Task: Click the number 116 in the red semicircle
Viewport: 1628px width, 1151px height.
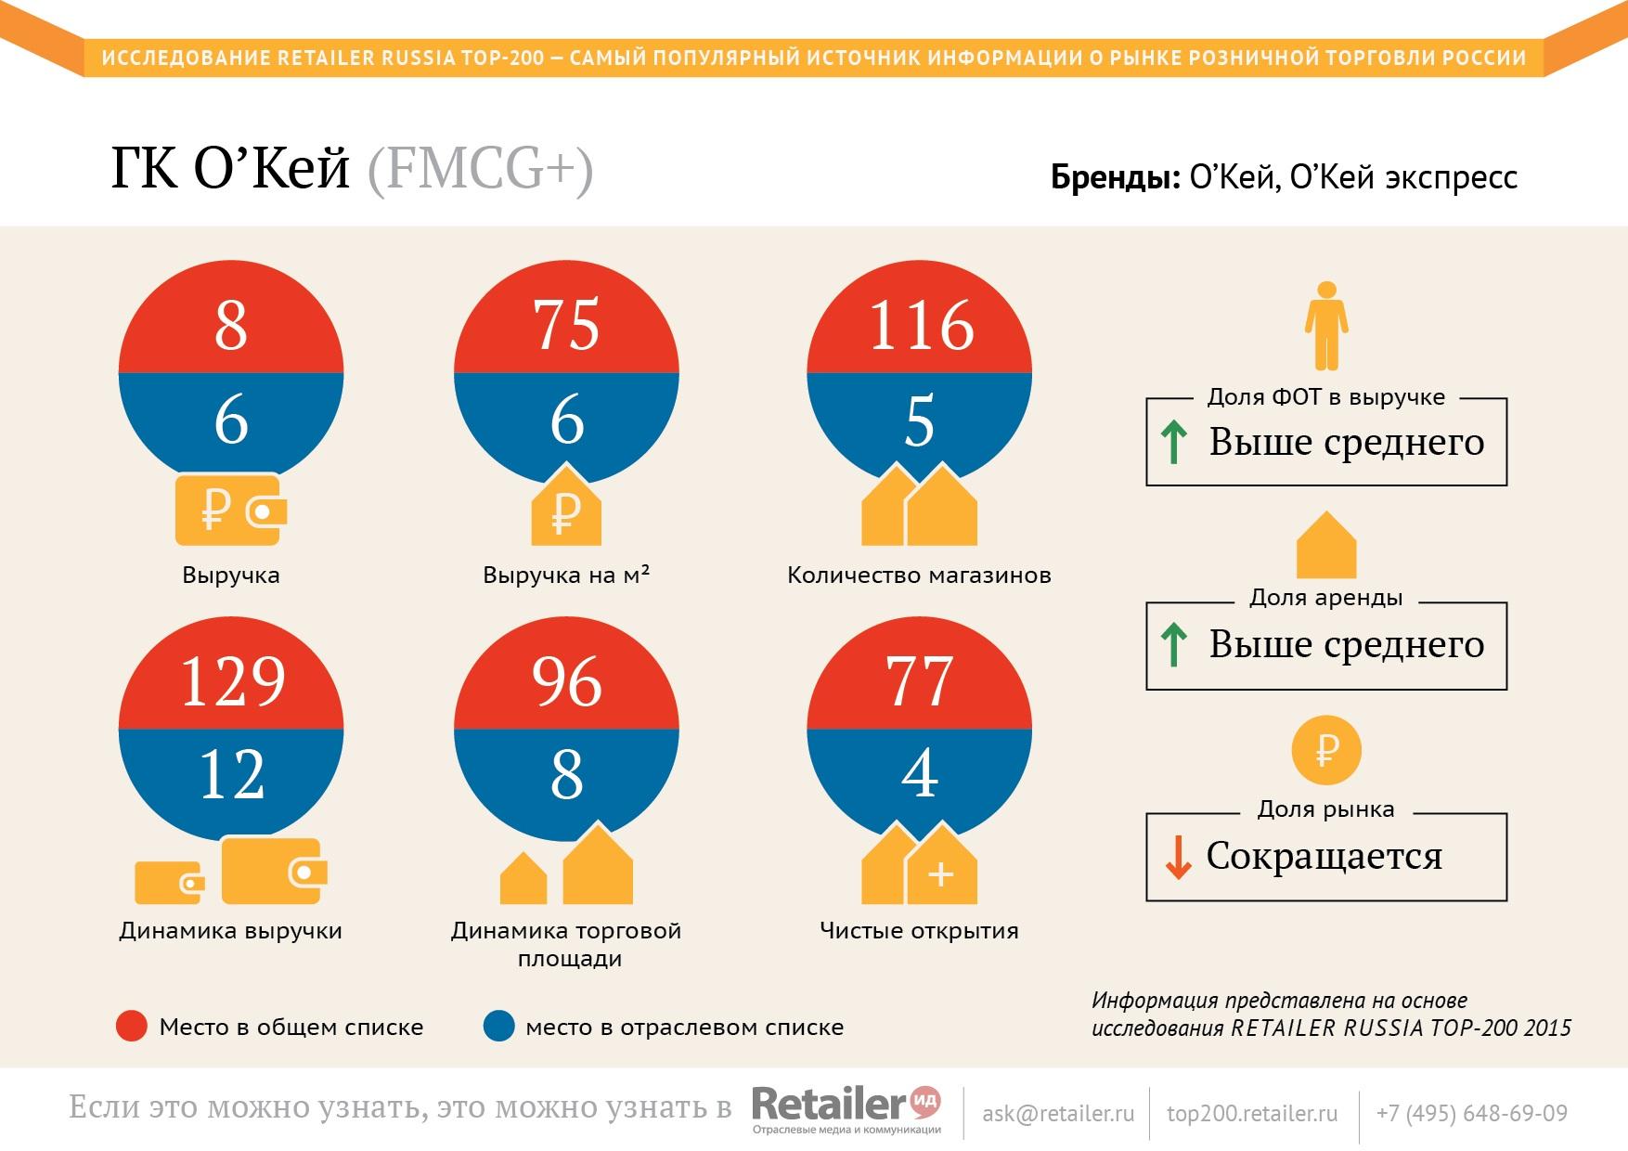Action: point(920,326)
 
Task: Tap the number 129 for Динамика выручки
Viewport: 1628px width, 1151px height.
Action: point(232,681)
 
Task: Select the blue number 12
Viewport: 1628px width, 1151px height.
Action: point(232,775)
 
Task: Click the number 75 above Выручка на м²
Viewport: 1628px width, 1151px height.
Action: point(566,326)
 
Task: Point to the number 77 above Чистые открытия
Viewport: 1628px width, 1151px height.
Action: point(920,681)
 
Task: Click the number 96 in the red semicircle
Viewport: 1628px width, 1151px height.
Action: point(566,681)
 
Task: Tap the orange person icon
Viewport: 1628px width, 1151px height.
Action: point(1326,326)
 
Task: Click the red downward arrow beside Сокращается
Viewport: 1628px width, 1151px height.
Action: point(1178,857)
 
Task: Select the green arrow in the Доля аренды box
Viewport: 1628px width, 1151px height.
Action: point(1174,645)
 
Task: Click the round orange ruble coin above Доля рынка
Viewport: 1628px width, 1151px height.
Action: point(1326,750)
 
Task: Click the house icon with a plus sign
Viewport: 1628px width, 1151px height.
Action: point(940,871)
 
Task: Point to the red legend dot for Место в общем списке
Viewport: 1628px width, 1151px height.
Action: point(132,1027)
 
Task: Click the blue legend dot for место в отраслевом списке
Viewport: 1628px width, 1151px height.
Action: point(498,1027)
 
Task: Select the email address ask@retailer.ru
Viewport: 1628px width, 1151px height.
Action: point(1058,1113)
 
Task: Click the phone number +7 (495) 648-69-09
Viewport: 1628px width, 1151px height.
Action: point(1471,1113)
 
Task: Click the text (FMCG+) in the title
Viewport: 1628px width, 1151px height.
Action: point(480,170)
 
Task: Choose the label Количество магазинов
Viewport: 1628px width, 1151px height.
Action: point(919,575)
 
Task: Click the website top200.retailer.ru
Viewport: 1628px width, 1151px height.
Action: point(1252,1113)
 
